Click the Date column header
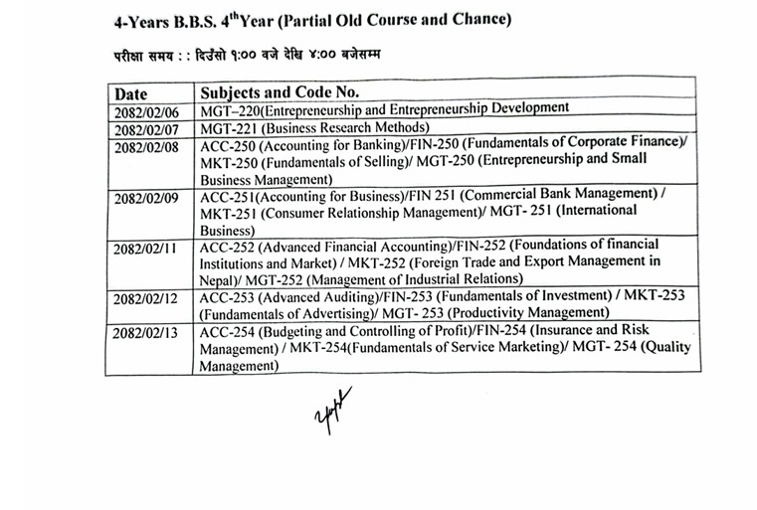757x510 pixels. point(134,94)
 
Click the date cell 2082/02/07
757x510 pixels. point(147,130)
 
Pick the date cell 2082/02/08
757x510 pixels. point(147,147)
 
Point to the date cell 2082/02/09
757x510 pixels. point(147,198)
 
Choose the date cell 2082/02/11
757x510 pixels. point(146,249)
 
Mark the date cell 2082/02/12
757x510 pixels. point(146,299)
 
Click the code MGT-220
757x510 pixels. point(230,109)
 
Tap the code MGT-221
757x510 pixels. point(229,127)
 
